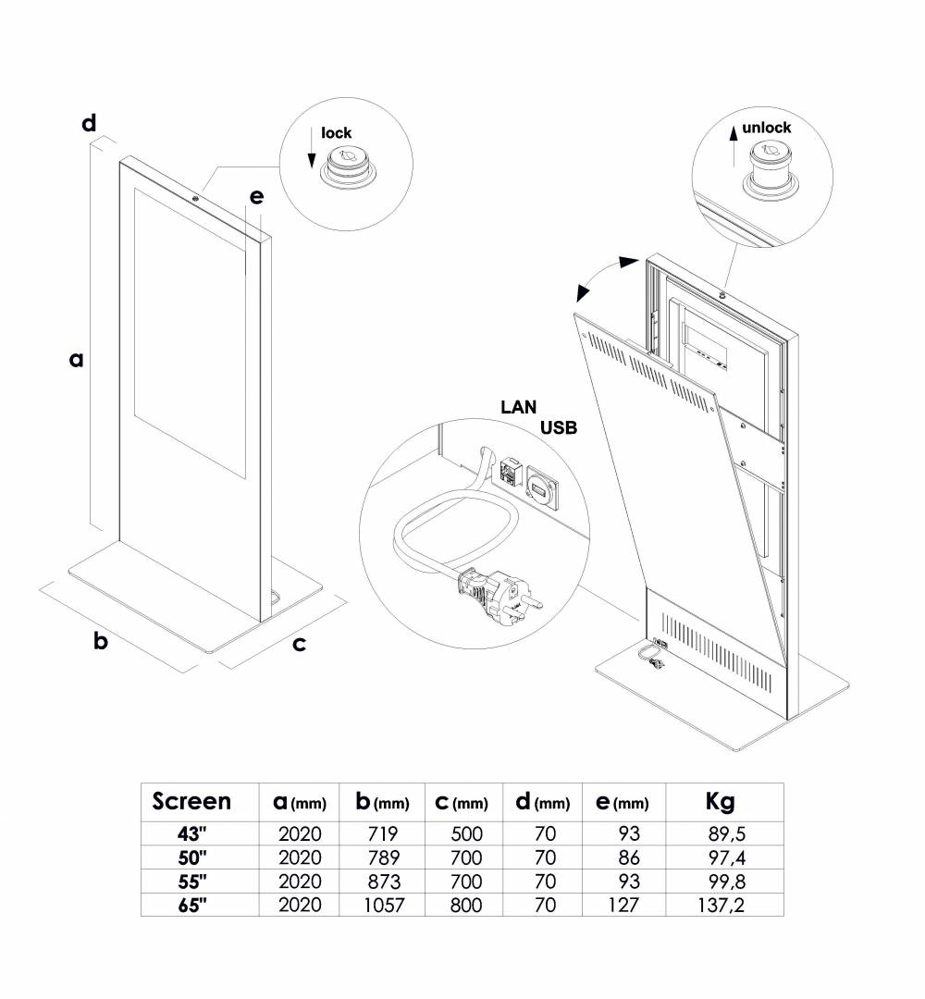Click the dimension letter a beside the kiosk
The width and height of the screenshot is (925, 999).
(x=77, y=359)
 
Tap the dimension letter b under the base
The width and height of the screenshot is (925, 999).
(x=102, y=641)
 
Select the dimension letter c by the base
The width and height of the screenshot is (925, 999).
(x=299, y=644)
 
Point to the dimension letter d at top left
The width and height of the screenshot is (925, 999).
(x=89, y=123)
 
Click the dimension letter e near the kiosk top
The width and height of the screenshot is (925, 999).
(x=256, y=197)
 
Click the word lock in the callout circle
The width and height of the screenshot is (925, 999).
(x=337, y=133)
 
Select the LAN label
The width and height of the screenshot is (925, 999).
(x=519, y=406)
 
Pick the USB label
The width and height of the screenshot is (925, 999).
(x=558, y=427)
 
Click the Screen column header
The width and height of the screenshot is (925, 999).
(x=191, y=801)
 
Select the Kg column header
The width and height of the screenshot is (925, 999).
(x=720, y=801)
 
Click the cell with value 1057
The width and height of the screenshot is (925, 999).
(x=382, y=906)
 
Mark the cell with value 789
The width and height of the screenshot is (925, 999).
(x=382, y=857)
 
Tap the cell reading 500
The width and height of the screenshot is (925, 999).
(x=464, y=833)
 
